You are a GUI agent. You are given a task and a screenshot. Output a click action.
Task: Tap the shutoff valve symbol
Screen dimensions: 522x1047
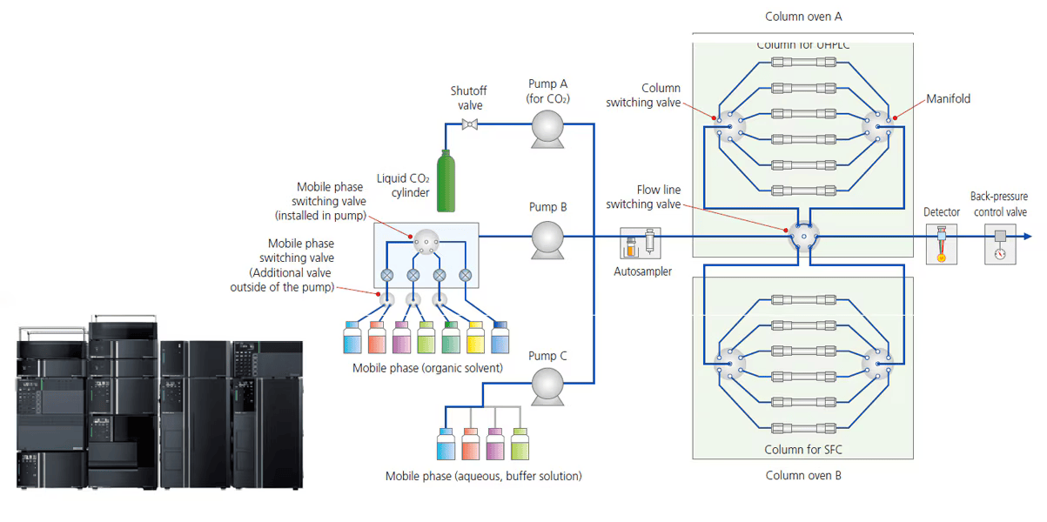tap(470, 124)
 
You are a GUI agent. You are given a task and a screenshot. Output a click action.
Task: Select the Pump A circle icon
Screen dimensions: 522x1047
tap(547, 125)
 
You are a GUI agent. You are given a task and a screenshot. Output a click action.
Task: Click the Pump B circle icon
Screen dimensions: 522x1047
tap(547, 236)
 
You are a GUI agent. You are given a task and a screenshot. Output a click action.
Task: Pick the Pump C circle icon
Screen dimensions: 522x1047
tap(547, 383)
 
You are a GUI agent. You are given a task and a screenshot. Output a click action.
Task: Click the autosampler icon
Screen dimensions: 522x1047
tap(640, 244)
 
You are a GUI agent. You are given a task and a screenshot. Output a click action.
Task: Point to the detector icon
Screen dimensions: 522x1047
tap(941, 243)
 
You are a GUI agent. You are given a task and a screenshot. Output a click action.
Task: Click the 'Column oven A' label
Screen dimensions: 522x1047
tap(802, 17)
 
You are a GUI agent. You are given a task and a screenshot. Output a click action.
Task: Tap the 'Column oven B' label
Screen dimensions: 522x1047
tap(802, 476)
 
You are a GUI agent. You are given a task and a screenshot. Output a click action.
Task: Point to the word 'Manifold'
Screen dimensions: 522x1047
tap(949, 99)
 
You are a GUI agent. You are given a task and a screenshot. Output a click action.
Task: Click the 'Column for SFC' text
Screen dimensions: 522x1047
tap(802, 450)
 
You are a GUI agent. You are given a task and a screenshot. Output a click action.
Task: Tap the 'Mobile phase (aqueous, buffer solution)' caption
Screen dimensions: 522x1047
tap(484, 476)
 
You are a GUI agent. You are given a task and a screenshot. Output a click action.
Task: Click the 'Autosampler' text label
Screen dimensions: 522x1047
tap(642, 272)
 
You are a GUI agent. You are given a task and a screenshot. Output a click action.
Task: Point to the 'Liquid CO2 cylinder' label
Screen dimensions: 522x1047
tap(403, 185)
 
